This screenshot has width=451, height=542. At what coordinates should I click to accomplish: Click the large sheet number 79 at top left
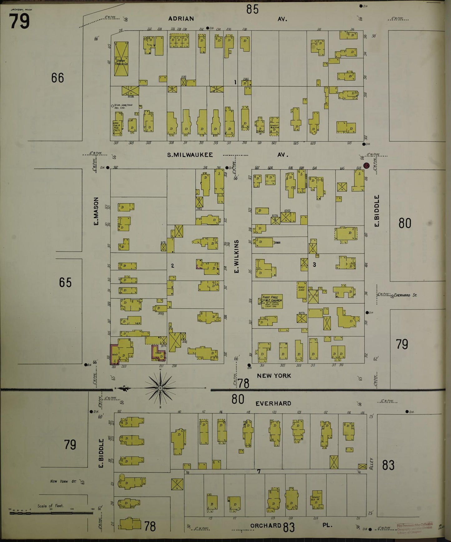(x=19, y=21)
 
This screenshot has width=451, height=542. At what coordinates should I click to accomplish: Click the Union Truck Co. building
(x=121, y=59)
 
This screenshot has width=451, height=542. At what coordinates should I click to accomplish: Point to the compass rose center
(x=160, y=388)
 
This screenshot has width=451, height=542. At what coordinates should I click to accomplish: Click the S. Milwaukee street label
(x=190, y=155)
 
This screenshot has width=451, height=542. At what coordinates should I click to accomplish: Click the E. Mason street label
(x=96, y=211)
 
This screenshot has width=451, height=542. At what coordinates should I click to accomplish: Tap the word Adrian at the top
(x=181, y=19)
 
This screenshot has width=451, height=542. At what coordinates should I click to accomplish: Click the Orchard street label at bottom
(x=266, y=525)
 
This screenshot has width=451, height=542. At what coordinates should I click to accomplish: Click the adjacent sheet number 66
(x=58, y=78)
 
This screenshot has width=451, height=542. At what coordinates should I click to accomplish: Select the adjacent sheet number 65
(x=65, y=282)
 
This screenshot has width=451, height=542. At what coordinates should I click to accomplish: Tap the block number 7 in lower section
(x=258, y=471)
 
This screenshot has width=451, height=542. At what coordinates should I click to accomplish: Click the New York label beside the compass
(x=274, y=376)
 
